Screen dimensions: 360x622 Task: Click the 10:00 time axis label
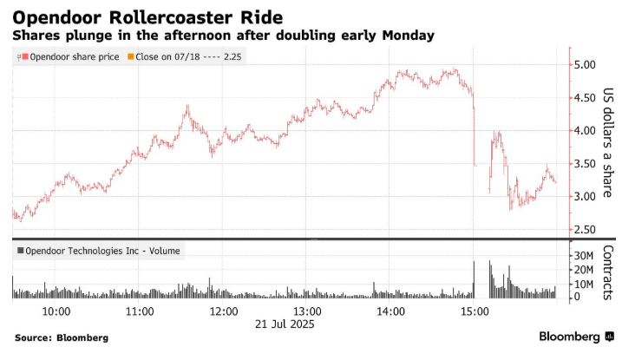click(x=56, y=311)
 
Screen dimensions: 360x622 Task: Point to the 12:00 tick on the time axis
click(x=224, y=311)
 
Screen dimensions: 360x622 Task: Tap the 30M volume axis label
click(x=580, y=257)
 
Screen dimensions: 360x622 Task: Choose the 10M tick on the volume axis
click(x=580, y=284)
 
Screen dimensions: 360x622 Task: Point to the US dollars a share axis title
click(x=607, y=142)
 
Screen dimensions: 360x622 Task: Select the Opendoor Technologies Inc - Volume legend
click(x=99, y=252)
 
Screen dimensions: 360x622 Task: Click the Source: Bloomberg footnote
click(x=61, y=337)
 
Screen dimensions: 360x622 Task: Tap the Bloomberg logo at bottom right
click(x=574, y=337)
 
